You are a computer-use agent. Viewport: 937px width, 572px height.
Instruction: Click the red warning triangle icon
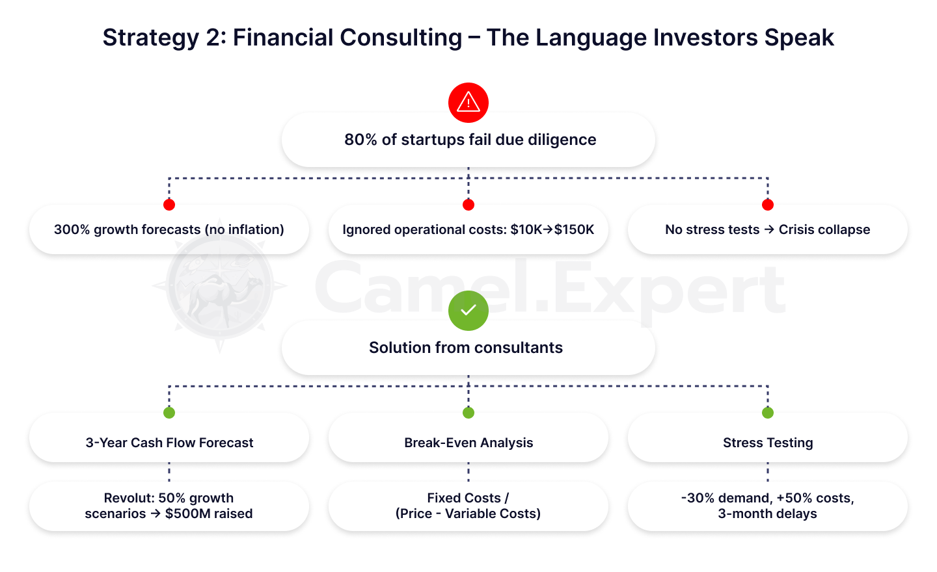point(468,102)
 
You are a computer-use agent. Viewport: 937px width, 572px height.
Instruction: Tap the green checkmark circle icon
point(468,311)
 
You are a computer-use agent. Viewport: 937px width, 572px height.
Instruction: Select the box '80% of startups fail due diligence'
point(468,140)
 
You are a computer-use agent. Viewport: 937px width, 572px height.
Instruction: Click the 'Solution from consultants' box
point(468,348)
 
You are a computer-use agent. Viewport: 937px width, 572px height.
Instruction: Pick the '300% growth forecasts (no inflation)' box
point(169,229)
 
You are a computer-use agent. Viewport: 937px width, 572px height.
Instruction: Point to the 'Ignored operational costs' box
point(468,229)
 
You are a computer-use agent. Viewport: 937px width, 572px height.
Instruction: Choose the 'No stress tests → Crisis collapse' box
point(768,229)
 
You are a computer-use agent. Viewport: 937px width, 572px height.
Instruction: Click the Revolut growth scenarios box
point(169,506)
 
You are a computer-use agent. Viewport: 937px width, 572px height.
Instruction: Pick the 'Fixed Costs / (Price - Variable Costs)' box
point(468,506)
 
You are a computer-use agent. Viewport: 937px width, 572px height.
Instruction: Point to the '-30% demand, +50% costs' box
point(768,506)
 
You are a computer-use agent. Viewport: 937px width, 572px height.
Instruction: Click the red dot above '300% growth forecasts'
point(169,205)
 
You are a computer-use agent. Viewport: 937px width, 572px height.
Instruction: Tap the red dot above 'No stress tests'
point(768,205)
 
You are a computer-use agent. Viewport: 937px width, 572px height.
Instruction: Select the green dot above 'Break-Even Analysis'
point(468,413)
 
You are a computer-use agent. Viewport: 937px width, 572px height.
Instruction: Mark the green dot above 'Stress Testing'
point(768,413)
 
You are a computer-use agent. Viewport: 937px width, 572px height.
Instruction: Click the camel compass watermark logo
point(220,287)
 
